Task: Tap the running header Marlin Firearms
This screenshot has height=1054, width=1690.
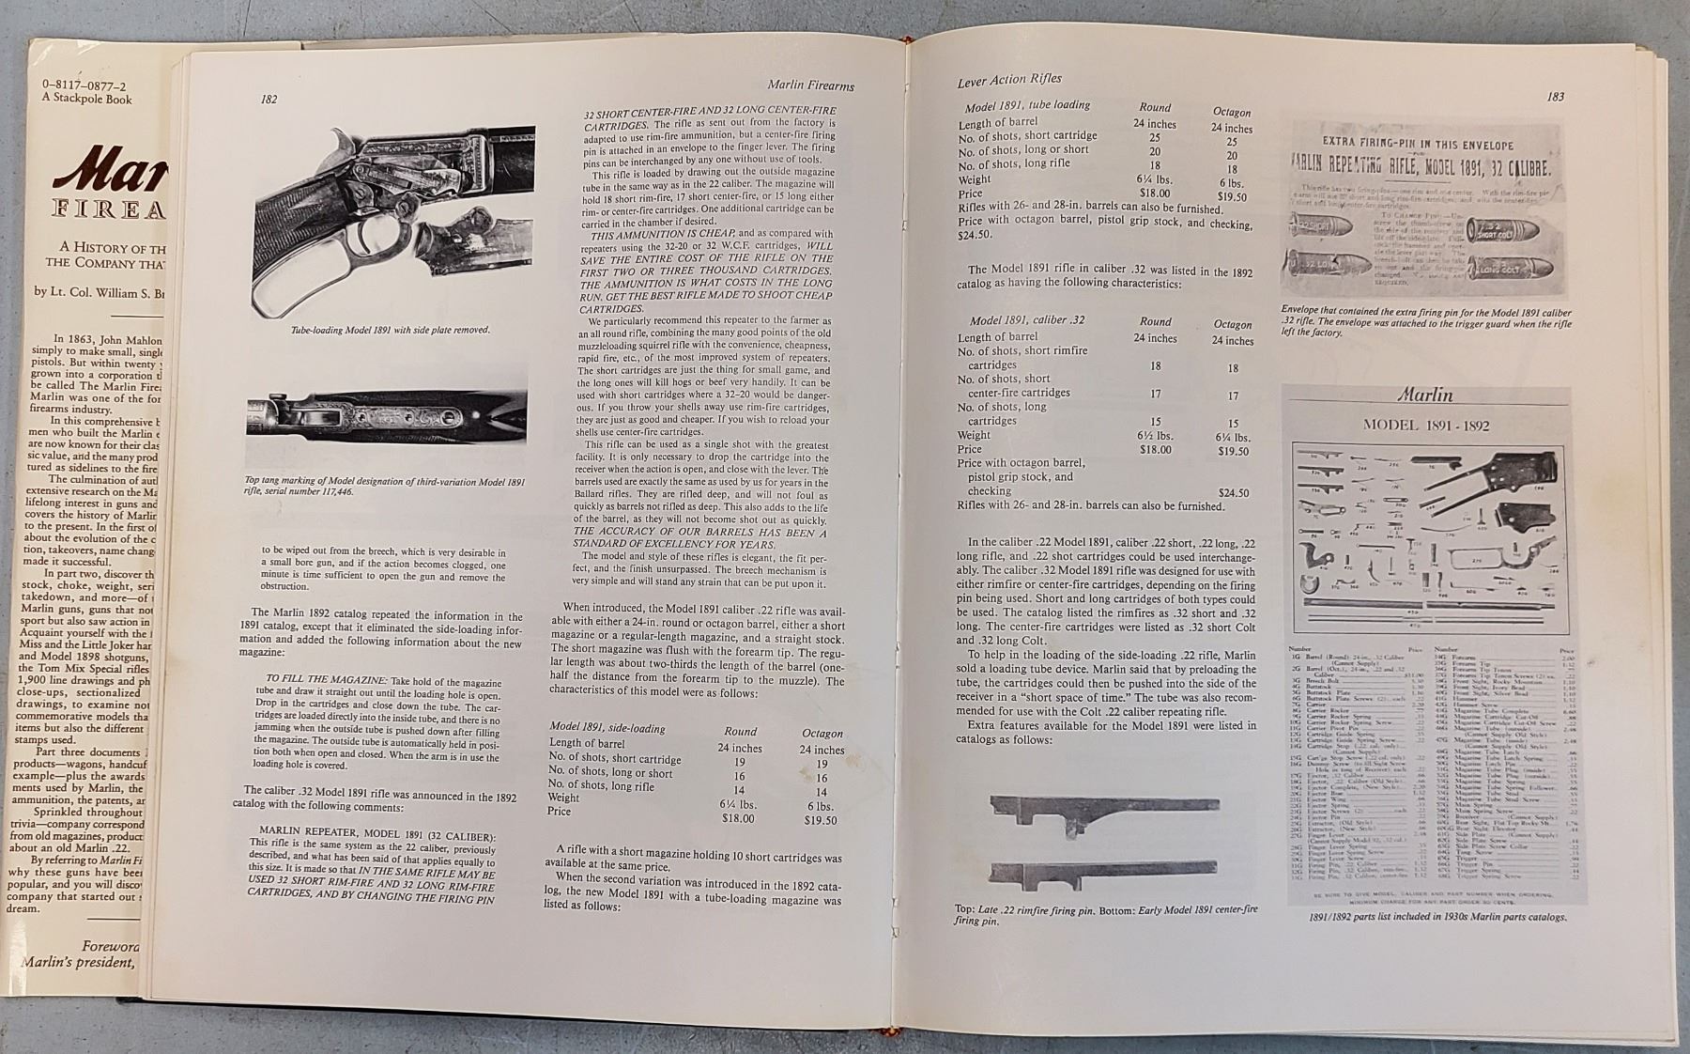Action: tap(808, 86)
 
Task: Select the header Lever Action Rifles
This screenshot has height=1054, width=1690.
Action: tap(1009, 81)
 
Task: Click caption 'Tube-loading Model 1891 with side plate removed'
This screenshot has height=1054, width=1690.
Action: tap(391, 330)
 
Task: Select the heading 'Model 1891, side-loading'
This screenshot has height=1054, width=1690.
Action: tap(607, 728)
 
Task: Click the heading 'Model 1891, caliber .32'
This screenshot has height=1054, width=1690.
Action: tap(1027, 320)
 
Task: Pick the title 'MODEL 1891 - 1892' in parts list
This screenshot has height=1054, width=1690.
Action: tap(1425, 426)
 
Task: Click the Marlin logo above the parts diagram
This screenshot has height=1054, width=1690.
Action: tap(1424, 395)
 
